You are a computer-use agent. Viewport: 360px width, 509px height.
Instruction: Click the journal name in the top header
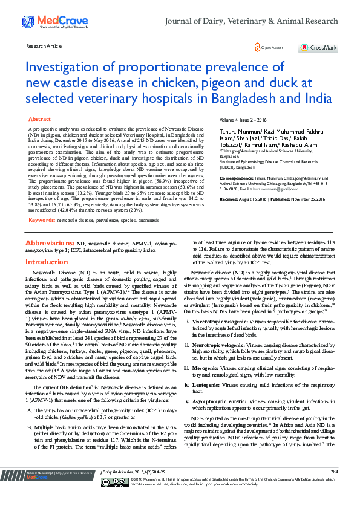click(x=252, y=21)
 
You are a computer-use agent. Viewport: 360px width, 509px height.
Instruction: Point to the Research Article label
click(x=44, y=46)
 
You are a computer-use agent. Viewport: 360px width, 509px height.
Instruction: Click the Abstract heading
click(x=40, y=120)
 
